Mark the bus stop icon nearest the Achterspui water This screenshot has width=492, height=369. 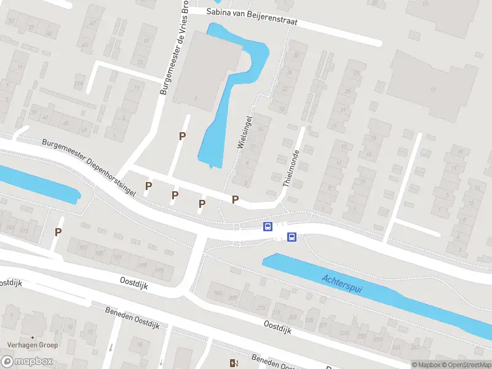click(x=292, y=237)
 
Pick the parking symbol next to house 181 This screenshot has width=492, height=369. click(x=58, y=232)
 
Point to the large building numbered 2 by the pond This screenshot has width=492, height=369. click(x=206, y=71)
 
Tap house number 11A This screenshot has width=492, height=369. click(x=78, y=83)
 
